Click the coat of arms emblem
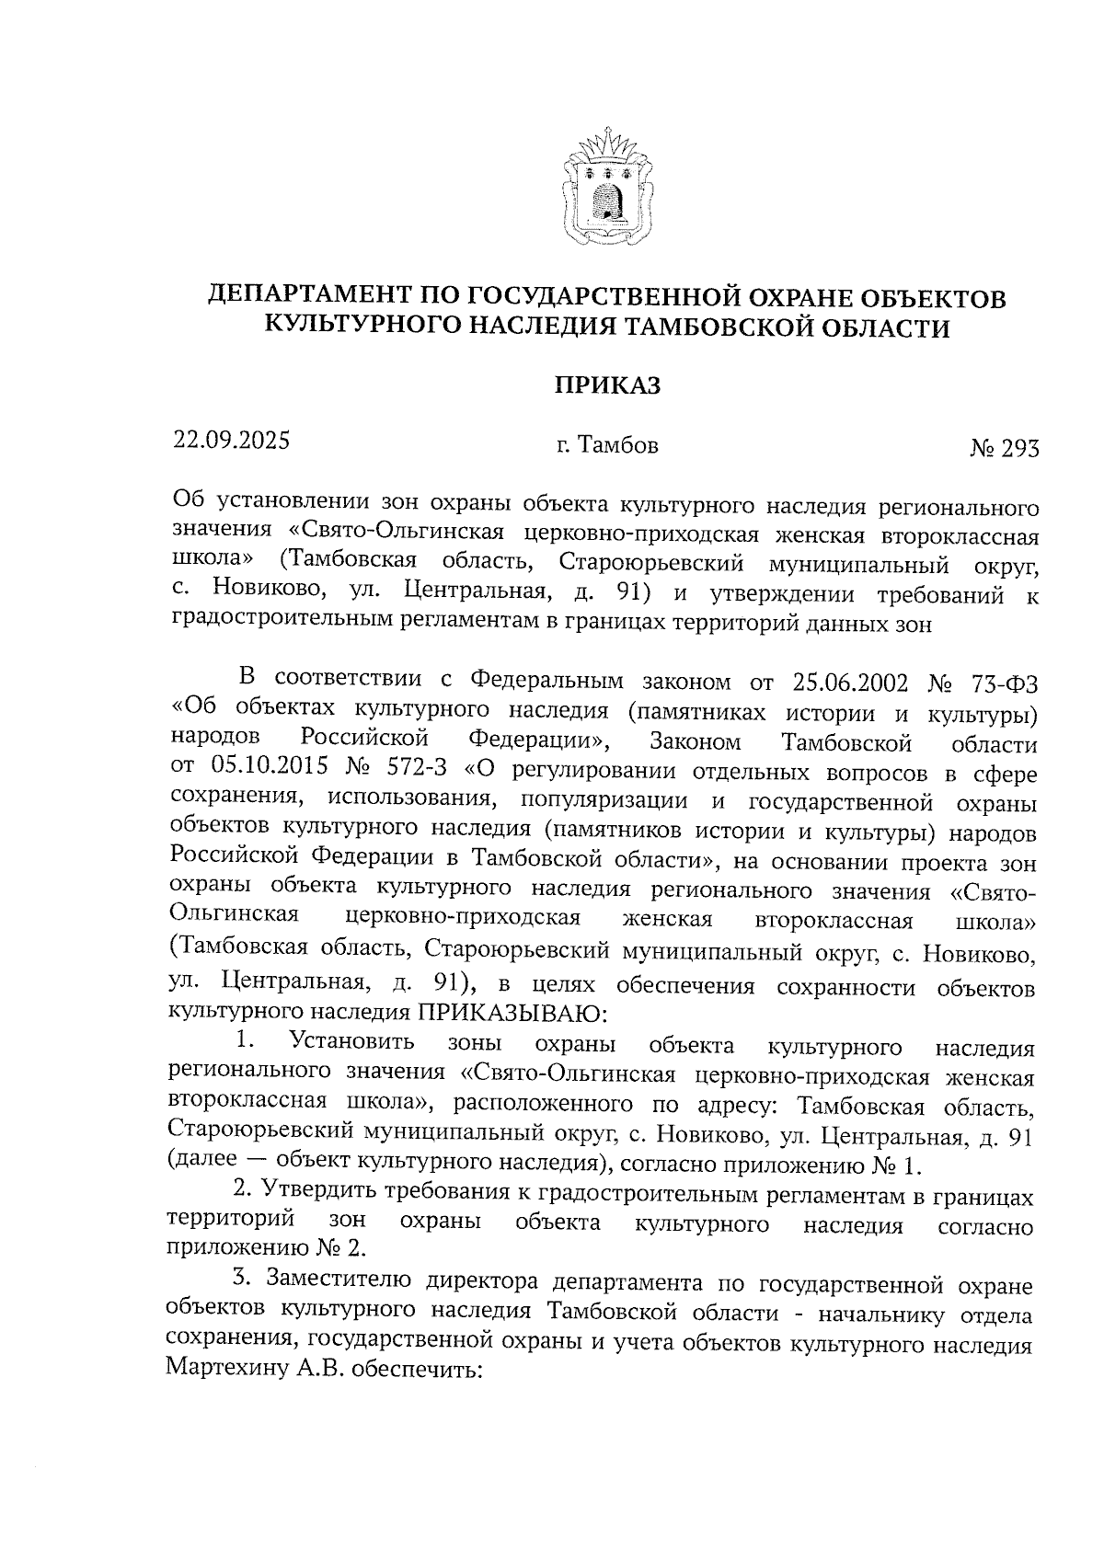[607, 189]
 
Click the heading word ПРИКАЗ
[607, 385]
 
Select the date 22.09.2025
[232, 441]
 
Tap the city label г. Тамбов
[607, 446]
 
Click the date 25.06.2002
[848, 683]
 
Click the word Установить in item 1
[351, 1042]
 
